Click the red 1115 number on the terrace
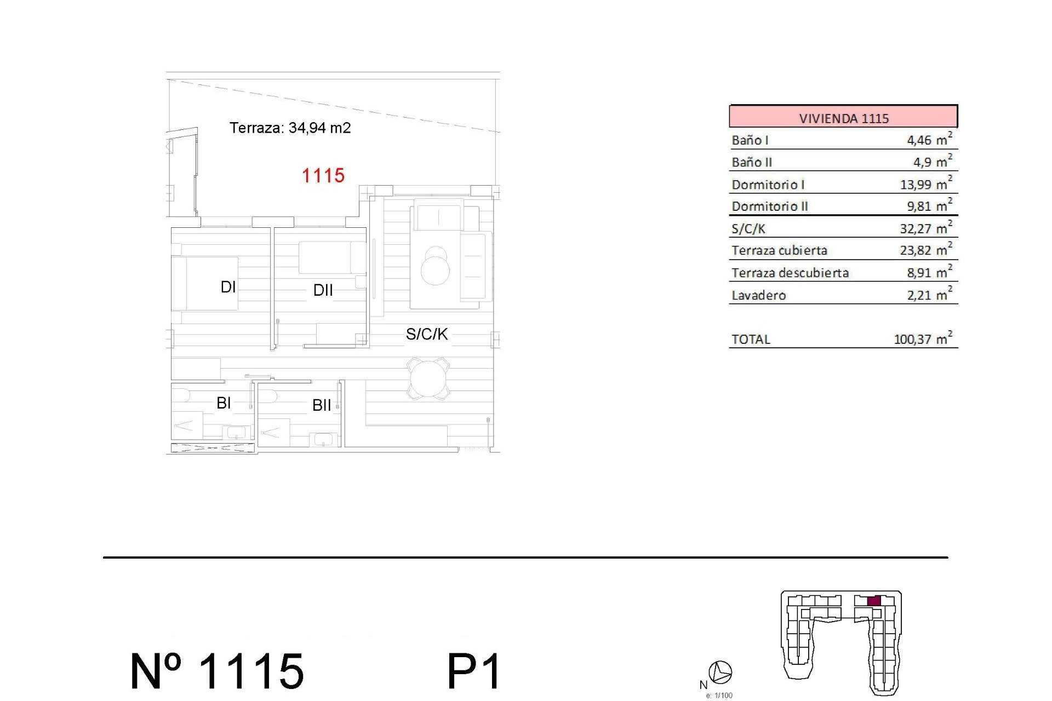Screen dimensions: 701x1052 tap(323, 176)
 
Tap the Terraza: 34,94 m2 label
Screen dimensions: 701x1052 tap(290, 128)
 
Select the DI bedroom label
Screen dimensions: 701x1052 tap(228, 287)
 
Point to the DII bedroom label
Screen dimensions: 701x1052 tap(323, 290)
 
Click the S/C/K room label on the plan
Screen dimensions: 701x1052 tap(426, 334)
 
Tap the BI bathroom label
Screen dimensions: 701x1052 tap(224, 403)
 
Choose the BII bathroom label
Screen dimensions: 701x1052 tap(322, 405)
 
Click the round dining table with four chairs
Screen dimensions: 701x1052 tap(428, 378)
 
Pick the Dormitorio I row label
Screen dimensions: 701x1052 tap(768, 185)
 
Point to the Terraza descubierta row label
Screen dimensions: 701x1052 tap(790, 273)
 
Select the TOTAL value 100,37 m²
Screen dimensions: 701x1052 tap(923, 339)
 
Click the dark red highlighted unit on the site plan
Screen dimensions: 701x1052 tap(874, 601)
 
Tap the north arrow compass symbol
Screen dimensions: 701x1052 tap(720, 672)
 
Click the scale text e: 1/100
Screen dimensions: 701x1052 tap(719, 696)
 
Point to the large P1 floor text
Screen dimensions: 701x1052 tap(474, 671)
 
